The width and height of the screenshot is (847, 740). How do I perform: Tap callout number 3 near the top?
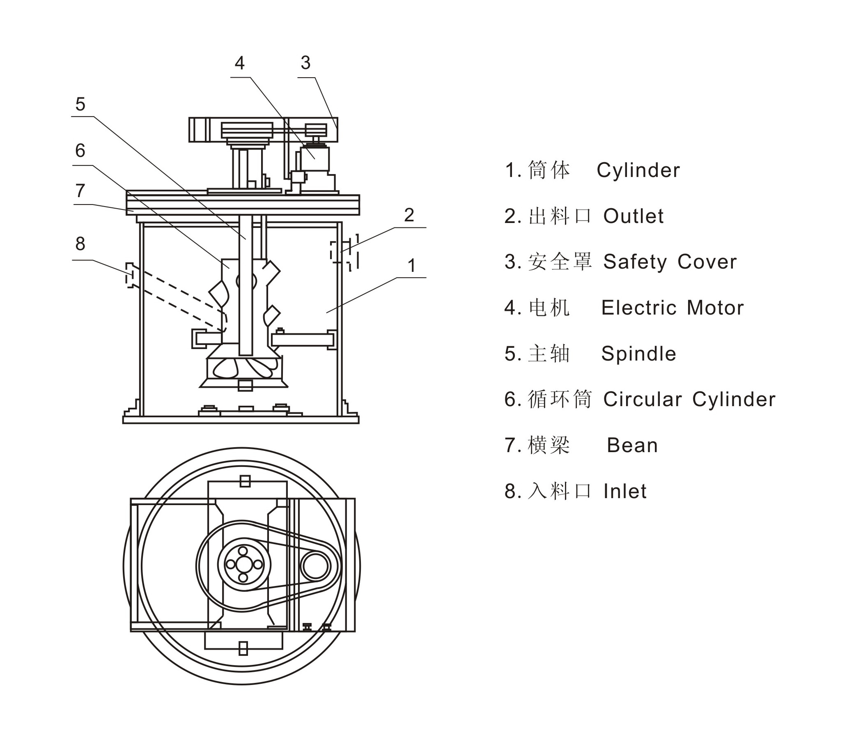305,63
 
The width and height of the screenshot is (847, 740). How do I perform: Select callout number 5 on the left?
80,104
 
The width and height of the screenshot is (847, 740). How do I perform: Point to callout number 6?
80,151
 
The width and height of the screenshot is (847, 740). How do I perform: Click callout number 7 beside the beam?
80,191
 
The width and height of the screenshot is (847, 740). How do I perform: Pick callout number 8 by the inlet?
80,244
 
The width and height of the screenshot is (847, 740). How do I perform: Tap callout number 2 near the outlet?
409,215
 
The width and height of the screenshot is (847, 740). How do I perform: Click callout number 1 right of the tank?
411,266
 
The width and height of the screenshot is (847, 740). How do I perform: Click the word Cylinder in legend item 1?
638,170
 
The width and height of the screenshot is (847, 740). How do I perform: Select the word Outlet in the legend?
633,216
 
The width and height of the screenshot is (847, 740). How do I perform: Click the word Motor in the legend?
715,308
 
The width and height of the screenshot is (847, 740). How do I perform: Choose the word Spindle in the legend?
638,354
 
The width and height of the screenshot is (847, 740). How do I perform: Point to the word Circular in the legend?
642,399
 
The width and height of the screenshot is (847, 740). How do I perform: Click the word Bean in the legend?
632,445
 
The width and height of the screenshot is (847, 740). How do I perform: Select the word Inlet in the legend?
625,492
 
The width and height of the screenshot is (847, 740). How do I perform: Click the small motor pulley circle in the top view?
316,566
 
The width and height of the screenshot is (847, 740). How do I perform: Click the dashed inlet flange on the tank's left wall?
130,275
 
